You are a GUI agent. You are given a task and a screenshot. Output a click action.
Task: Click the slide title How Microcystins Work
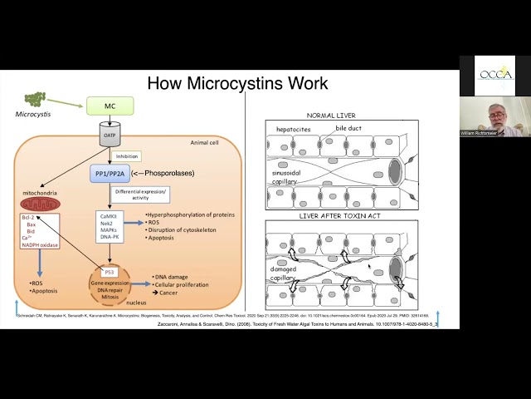coord(236,83)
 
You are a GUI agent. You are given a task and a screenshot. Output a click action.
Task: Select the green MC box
coord(110,106)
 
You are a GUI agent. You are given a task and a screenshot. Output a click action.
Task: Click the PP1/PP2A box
coord(110,174)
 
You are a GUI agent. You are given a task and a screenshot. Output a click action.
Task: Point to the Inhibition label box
coord(127,155)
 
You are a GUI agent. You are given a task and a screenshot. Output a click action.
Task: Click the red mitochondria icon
coord(41,203)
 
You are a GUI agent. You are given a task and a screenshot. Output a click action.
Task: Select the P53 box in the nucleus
coord(110,272)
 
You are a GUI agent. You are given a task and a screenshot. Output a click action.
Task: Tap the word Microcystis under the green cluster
coord(33,114)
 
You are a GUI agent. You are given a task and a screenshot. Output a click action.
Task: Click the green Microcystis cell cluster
coord(35,99)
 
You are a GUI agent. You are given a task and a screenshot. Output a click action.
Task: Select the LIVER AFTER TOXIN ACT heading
coord(339,215)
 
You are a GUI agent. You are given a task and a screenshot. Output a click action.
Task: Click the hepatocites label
coord(295,131)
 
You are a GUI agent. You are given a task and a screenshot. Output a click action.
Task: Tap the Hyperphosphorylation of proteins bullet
coord(191,214)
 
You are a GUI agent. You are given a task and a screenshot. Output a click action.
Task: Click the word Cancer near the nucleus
coord(168,293)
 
